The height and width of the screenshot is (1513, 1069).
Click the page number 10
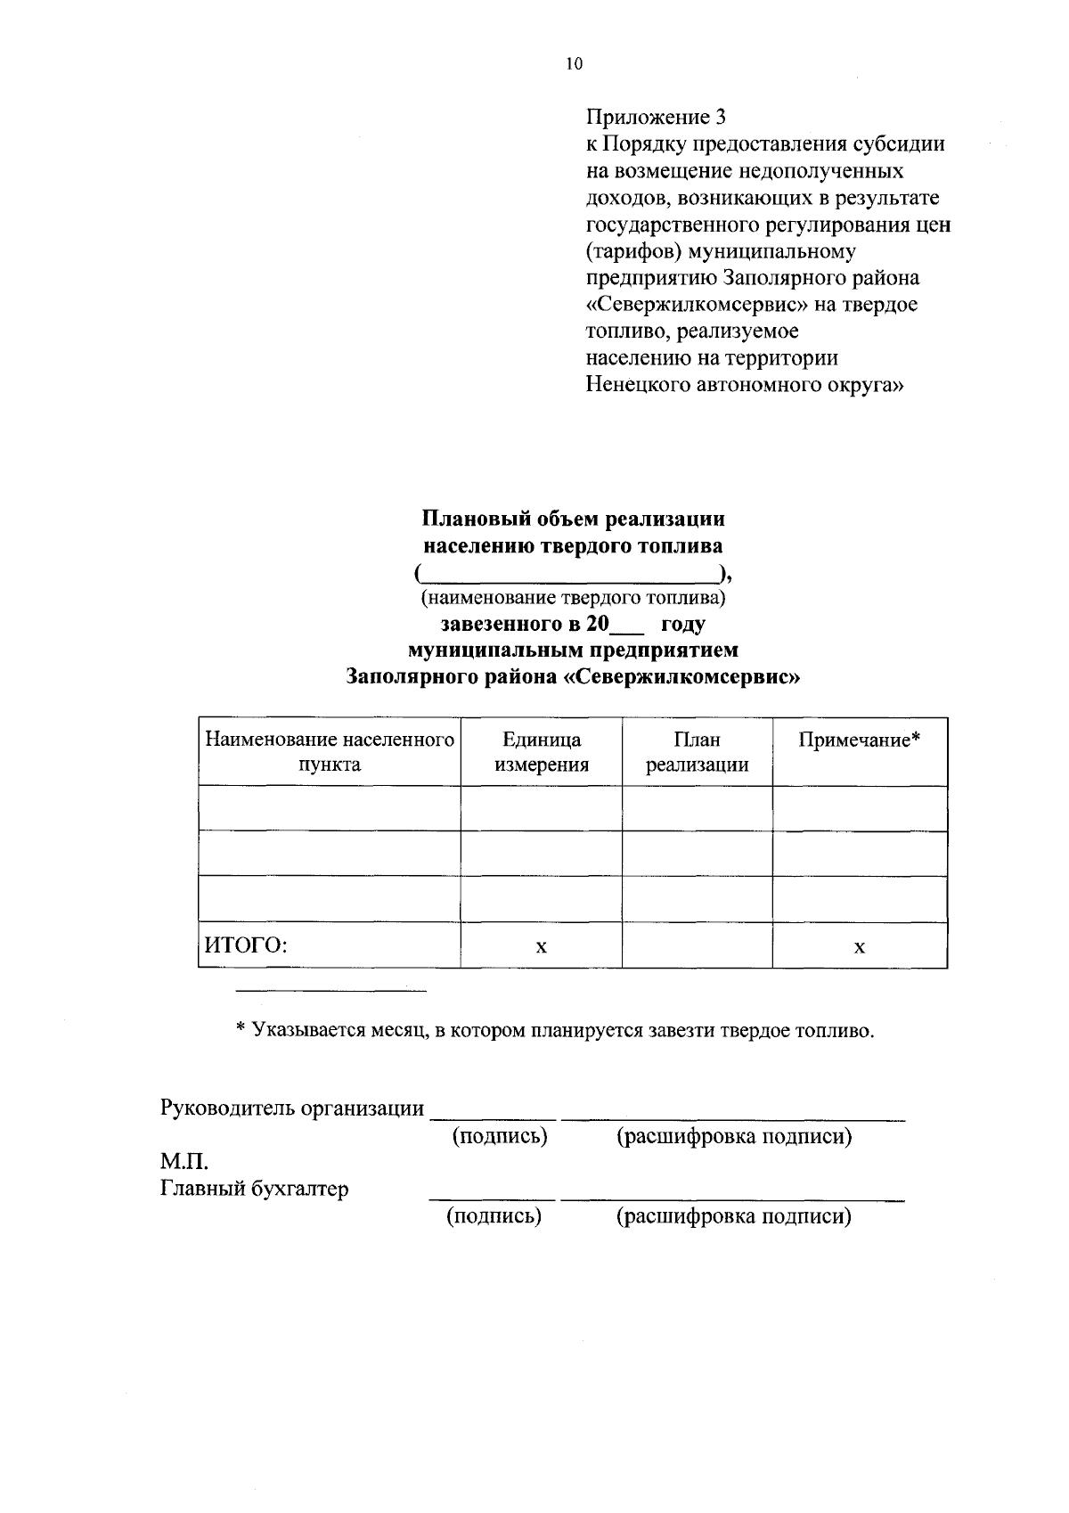573,63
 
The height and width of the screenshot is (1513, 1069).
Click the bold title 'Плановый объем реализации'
573,519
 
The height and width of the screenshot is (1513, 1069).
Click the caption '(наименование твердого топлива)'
573,596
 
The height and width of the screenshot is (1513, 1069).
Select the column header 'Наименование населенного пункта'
330,751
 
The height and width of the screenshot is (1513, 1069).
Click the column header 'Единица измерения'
542,751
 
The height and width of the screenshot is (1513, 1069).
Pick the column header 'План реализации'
697,751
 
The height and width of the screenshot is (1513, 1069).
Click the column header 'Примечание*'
859,740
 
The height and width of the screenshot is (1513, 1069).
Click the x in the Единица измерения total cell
541,946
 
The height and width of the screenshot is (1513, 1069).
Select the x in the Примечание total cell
859,946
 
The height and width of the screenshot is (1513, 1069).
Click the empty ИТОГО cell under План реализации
697,945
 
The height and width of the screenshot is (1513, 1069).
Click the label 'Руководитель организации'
292,1108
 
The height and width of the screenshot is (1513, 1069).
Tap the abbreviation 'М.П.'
184,1162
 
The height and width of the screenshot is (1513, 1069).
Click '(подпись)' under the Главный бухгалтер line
494,1216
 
